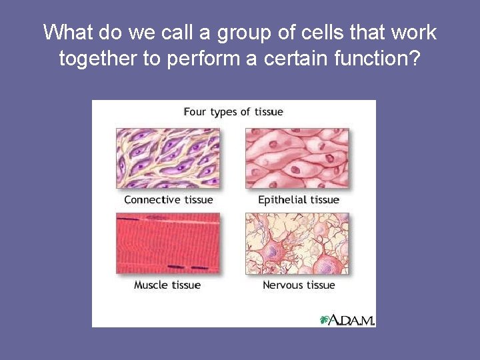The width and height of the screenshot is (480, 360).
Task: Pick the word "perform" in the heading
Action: pos(198,59)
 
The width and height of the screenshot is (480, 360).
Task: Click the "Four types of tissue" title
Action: pos(233,112)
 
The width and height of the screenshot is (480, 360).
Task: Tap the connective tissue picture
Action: pos(168,158)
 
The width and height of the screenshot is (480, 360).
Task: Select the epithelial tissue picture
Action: pos(297,158)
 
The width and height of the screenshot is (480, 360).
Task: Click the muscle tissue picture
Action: pos(168,243)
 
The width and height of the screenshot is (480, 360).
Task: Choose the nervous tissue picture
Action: pos(297,243)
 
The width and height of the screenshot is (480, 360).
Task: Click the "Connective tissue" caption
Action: pos(169,200)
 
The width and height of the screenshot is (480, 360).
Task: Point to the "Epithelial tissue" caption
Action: pos(299,200)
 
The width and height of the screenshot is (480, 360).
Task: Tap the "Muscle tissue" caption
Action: pos(167,285)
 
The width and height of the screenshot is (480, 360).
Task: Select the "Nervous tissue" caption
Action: pos(299,285)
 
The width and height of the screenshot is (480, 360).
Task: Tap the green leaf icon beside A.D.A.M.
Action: pos(325,320)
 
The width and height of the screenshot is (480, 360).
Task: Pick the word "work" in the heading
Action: pos(413,32)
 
